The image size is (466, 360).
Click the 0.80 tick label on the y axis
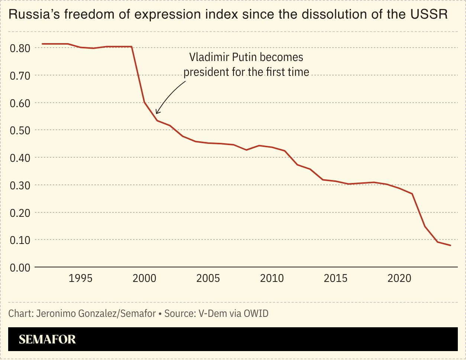19,48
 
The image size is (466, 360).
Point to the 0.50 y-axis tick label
19,131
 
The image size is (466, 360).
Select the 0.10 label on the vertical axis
19,240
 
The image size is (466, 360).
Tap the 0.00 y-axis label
19,268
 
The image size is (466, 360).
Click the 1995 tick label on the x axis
80,278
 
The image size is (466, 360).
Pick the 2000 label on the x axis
144,278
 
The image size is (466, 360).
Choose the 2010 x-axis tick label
272,278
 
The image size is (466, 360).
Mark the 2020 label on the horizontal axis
399,278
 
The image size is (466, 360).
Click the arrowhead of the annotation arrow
157,112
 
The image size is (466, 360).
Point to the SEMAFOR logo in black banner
47,339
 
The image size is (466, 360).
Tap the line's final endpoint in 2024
450,245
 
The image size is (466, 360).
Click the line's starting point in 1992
42,44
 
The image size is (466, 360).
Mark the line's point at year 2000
144,102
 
